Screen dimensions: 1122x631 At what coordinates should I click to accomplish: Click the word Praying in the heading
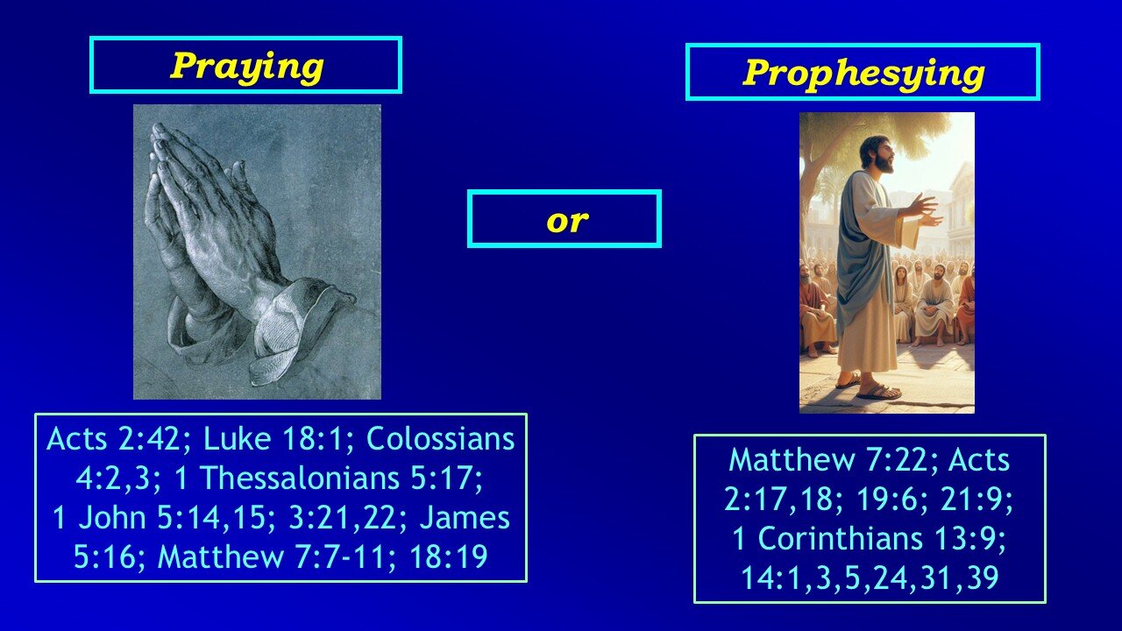[246, 67]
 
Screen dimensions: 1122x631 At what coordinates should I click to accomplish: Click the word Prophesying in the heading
[863, 74]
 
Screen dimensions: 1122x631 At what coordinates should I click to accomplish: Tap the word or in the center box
[567, 220]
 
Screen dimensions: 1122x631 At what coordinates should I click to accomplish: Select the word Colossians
[441, 439]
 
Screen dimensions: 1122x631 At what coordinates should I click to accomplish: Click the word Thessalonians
[300, 478]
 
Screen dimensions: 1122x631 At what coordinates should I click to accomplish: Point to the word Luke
[237, 439]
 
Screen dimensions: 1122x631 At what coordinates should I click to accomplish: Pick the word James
[465, 517]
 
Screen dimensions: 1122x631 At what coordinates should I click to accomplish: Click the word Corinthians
[841, 539]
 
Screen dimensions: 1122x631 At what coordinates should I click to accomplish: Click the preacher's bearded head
[877, 154]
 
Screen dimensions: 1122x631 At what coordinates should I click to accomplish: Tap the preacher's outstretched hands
[923, 211]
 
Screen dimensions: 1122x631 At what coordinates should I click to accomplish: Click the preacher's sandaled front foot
[877, 392]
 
